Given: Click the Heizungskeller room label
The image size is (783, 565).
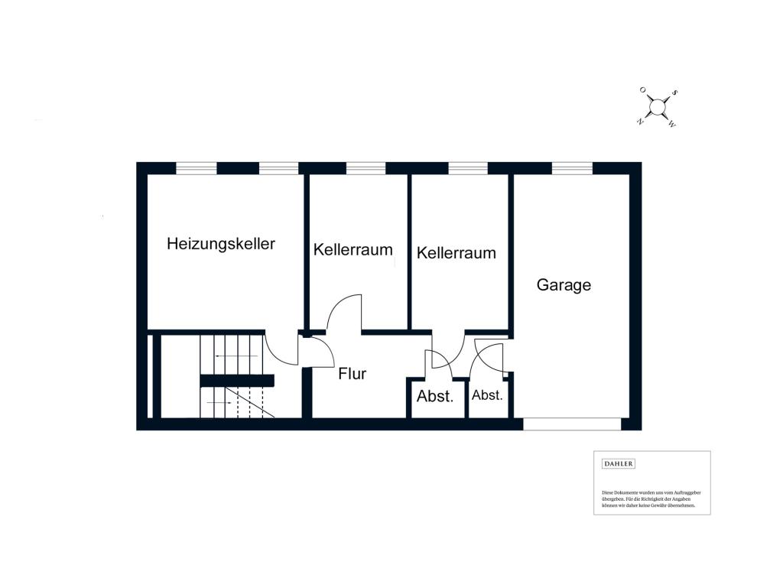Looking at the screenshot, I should coord(221,245).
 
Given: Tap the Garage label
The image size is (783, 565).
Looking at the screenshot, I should coord(564,285).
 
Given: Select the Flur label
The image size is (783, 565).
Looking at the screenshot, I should coord(353,374).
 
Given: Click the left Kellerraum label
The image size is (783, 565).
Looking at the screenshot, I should coord(353,249).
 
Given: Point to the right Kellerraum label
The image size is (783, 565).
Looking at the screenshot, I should coord(456,252).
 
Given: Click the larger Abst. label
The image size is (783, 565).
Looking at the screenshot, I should coord(435,397).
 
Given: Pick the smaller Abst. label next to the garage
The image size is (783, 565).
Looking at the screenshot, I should coord(487,395).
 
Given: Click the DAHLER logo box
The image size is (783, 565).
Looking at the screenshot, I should coord(619,463).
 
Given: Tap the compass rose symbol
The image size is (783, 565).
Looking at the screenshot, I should coord(657,108).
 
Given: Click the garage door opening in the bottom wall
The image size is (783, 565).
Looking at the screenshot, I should coord(571,423).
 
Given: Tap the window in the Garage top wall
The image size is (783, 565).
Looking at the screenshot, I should coord(572,168).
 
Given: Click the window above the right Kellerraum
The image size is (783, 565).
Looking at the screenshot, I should coord(467,168).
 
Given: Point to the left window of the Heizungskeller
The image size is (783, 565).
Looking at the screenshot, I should coord(197,168).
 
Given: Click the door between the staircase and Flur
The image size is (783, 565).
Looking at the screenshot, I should coord(315,352).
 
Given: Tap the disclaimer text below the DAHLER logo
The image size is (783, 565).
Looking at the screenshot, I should coord(651,498).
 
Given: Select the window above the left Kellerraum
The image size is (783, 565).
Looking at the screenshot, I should coord(366,168).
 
